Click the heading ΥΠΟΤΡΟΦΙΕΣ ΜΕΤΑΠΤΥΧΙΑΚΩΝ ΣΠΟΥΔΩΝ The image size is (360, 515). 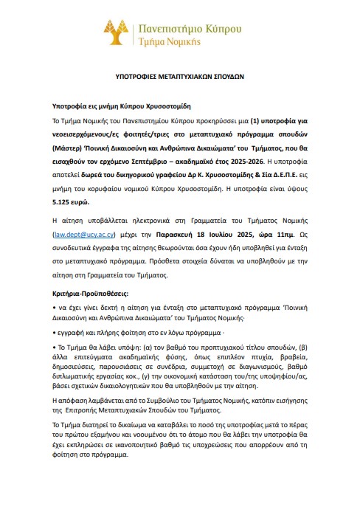(179, 75)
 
